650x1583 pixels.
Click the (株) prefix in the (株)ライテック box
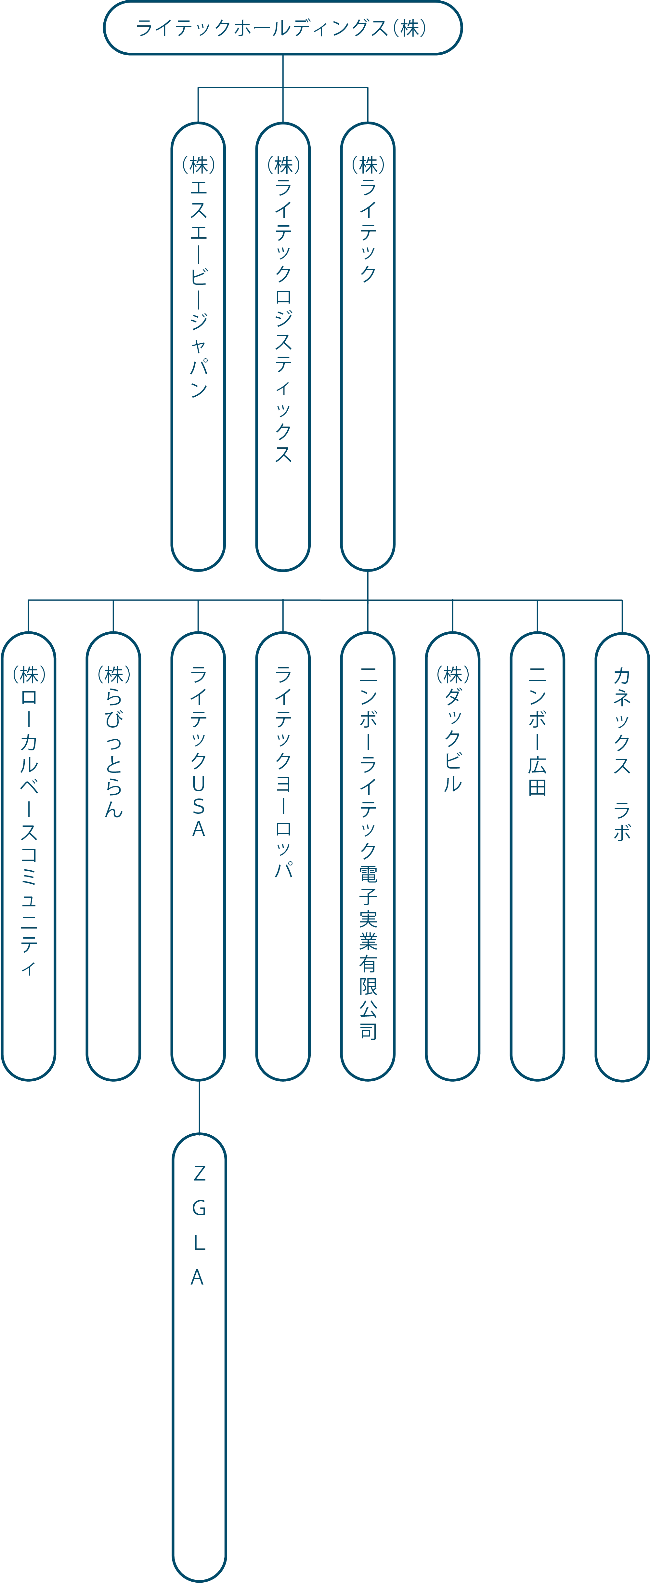(367, 164)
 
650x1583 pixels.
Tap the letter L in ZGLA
(198, 1243)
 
